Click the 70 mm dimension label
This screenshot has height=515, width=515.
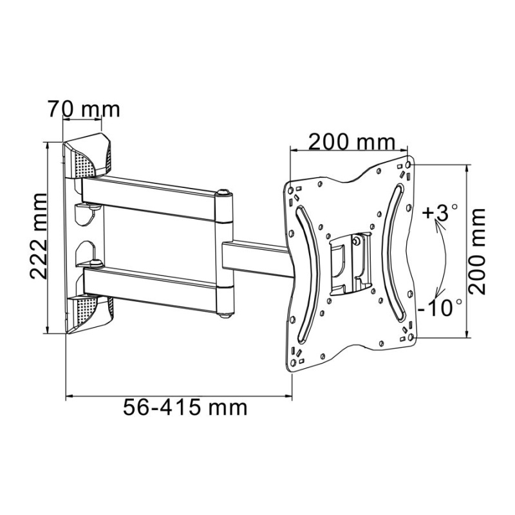click(84, 109)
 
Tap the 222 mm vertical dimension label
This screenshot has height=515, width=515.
click(39, 236)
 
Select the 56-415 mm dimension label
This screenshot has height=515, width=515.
click(185, 407)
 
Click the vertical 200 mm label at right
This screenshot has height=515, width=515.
click(476, 250)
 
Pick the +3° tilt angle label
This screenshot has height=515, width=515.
click(440, 212)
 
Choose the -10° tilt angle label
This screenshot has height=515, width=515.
click(439, 308)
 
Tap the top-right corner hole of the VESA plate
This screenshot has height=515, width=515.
click(408, 164)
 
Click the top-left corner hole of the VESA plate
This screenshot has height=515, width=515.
click(290, 190)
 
